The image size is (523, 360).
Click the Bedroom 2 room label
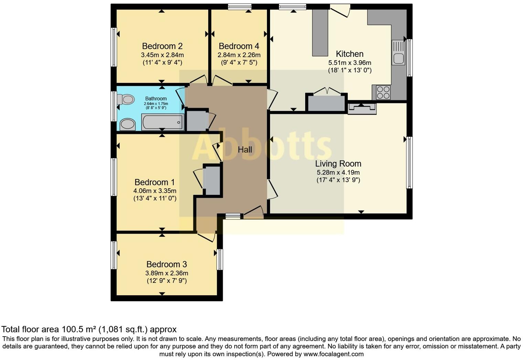point(162,46)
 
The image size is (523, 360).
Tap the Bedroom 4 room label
point(239,46)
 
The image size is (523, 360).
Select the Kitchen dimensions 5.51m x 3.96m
point(350,63)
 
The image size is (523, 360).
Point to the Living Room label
point(338,163)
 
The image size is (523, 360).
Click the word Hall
point(245,149)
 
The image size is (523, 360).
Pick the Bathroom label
point(156,98)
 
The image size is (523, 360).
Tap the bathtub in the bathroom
point(163,122)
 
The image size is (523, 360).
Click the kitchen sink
point(398,53)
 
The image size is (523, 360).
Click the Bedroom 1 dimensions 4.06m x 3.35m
point(155,191)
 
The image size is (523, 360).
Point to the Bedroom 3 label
point(167,264)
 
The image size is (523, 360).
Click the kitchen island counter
point(320,33)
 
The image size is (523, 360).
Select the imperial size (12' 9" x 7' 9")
point(167,280)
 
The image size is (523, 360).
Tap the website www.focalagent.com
point(333,354)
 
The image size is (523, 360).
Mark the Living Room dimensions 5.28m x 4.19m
point(338,172)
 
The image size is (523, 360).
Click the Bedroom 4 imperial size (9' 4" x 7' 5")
point(239,62)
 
